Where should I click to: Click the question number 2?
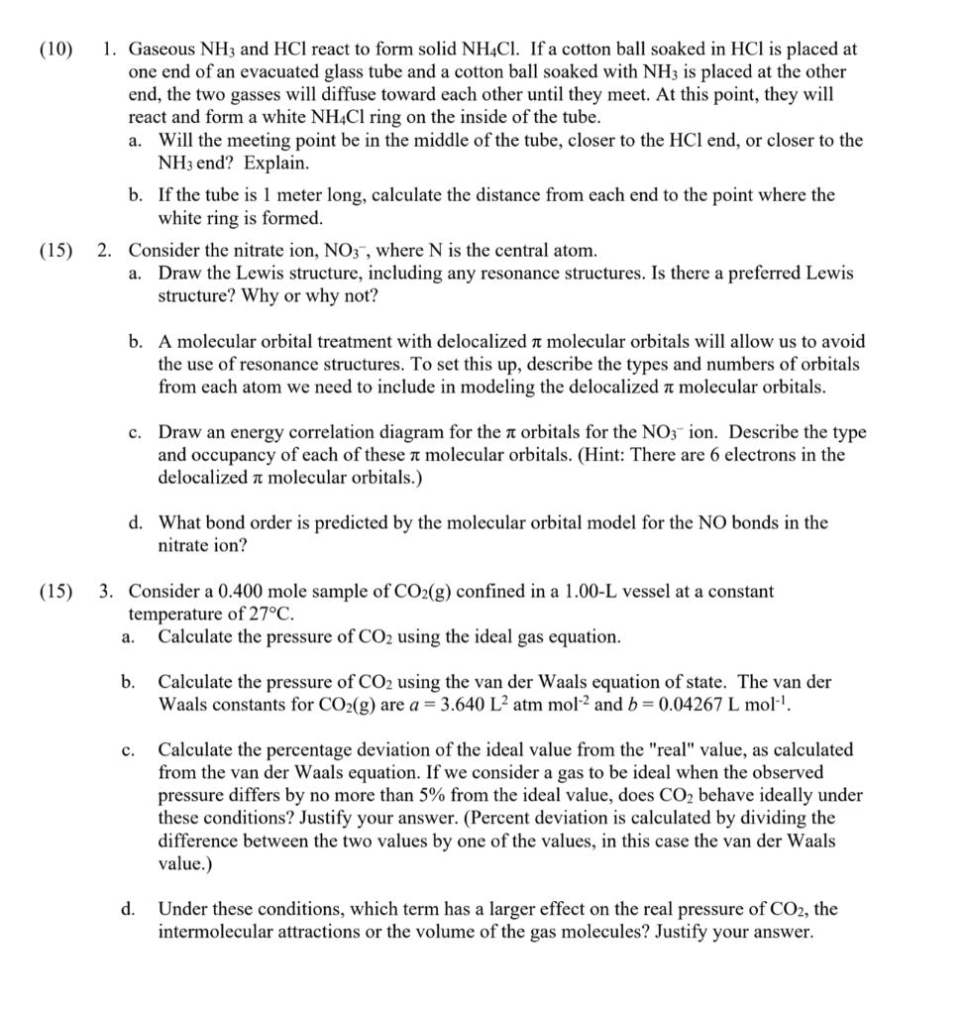tap(104, 250)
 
